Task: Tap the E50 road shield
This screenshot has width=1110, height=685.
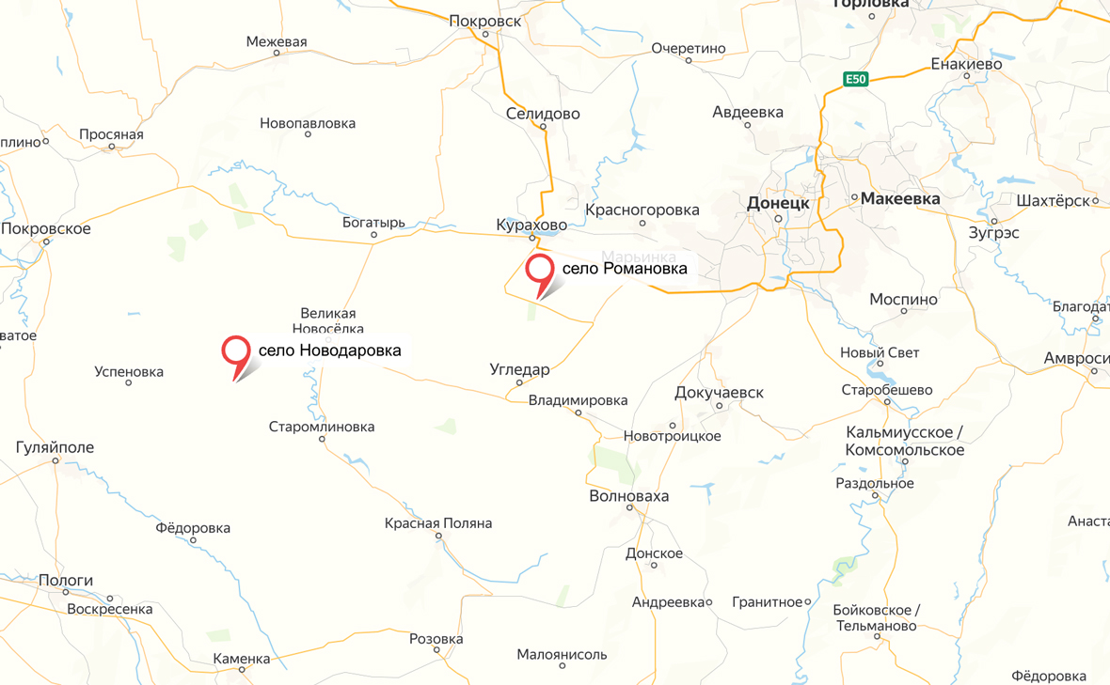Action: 854,79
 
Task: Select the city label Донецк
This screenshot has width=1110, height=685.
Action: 777,203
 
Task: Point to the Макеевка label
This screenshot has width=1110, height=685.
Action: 900,199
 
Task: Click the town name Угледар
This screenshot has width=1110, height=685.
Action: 519,369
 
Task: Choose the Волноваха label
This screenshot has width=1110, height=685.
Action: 628,495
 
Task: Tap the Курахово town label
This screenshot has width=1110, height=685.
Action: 531,225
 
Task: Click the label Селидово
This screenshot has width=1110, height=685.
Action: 543,114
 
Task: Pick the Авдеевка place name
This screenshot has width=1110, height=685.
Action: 748,112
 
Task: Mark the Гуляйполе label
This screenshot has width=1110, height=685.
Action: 55,447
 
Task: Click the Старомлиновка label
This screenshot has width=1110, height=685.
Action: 322,427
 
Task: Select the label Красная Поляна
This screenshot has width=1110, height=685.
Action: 438,523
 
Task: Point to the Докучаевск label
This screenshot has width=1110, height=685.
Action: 720,392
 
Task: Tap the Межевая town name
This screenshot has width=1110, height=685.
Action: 277,41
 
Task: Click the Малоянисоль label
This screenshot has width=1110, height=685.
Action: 563,654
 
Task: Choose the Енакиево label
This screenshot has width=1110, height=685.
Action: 966,65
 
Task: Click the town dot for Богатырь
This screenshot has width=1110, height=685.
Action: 374,236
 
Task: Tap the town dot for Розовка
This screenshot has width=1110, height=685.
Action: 436,650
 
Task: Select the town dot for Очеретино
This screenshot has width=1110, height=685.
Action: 689,61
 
